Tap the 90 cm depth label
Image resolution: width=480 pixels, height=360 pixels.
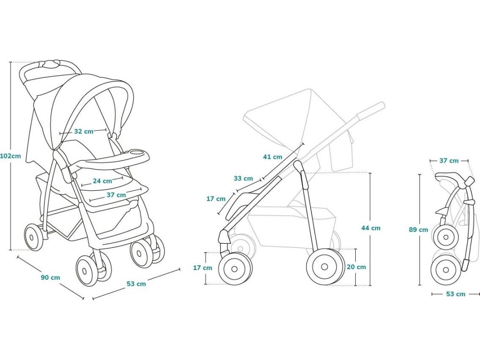(50, 277)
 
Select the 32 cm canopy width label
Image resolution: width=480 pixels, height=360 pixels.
(84, 132)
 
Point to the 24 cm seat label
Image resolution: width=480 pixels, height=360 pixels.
(102, 180)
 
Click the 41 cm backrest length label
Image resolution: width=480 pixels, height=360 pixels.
(273, 157)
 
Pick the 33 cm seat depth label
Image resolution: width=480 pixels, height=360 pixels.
(243, 178)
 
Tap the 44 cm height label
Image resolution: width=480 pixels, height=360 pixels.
(371, 228)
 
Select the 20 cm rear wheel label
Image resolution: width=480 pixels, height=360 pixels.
(356, 267)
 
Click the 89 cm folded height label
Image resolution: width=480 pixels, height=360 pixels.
(419, 230)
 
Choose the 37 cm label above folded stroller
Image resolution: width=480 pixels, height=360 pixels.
(449, 161)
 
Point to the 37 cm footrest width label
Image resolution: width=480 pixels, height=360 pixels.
(116, 195)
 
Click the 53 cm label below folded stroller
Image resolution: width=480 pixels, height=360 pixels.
(455, 294)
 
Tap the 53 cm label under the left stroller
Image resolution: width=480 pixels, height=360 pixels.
(136, 284)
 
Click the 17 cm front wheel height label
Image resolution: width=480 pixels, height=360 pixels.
(203, 268)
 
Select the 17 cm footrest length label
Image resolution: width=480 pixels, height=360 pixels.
(216, 199)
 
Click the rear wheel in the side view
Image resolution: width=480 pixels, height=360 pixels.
(325, 267)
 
